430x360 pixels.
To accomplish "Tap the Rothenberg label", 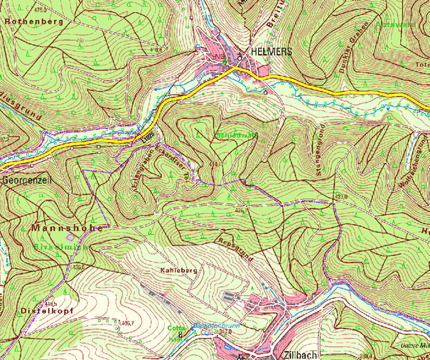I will pos(33,22).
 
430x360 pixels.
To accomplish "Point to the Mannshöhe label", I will pos(67,228).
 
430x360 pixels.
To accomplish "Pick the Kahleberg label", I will pos(179,272).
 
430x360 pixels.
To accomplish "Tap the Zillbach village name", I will pos(295,354).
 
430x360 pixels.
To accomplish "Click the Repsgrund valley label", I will pos(235,249).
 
